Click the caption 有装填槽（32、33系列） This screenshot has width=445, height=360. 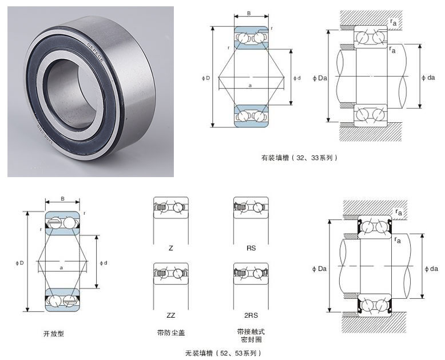[x=299, y=157]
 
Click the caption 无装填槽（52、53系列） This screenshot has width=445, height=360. [x=224, y=353]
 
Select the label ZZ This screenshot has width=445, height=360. [x=170, y=315]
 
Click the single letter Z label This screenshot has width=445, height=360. [x=170, y=248]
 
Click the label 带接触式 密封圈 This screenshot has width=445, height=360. [x=251, y=335]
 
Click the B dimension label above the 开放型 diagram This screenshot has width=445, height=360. [x=62, y=199]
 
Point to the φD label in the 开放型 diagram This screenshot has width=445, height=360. [x=21, y=263]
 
